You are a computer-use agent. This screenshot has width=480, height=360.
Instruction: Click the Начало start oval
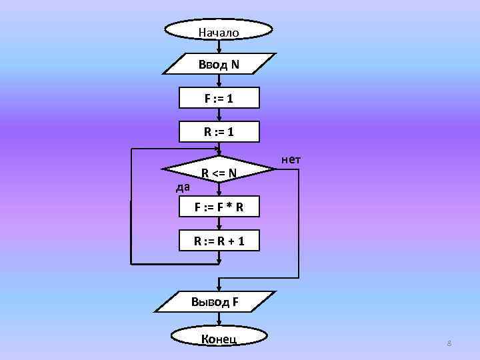coord(219,31)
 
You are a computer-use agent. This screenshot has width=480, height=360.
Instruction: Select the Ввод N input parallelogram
coord(219,65)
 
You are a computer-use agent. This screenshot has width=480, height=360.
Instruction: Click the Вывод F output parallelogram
coord(219,301)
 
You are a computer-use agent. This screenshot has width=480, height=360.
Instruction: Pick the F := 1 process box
coord(219,99)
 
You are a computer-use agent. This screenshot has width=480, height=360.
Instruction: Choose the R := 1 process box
coord(219,133)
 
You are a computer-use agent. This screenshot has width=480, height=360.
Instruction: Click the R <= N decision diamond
coord(219,174)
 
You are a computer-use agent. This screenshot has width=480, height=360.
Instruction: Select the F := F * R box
coord(219,207)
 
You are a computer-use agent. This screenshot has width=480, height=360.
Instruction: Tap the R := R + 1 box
coord(219,241)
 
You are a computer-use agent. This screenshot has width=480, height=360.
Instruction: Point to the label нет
coord(291,159)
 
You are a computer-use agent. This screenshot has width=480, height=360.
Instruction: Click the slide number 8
coord(449,343)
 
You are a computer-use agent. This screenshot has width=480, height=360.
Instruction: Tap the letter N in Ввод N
coord(235,65)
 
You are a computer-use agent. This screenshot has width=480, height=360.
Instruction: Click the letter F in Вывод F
coord(235,301)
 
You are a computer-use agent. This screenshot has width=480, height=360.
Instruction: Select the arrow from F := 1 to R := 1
coord(219,116)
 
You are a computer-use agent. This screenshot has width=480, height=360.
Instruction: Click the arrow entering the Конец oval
coord(219,320)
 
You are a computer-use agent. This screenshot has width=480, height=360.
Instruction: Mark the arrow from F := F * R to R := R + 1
coord(219,224)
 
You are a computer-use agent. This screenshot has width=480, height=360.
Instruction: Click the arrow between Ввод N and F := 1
coord(219,81)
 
